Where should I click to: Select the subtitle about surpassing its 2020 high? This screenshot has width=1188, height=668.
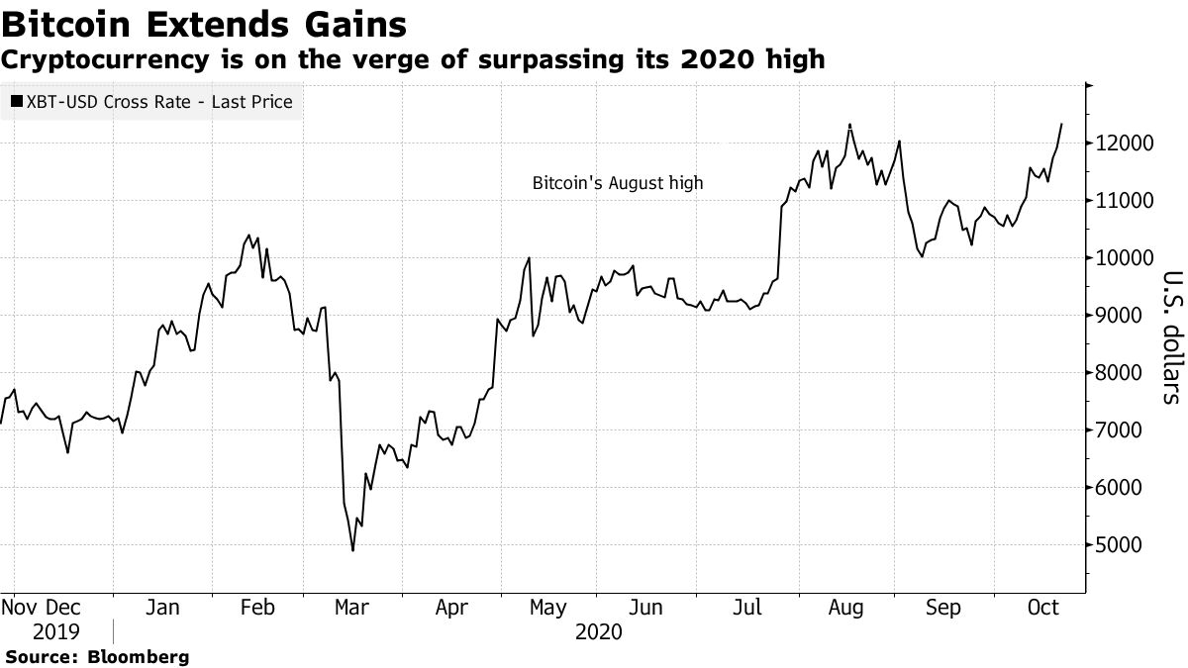point(414,59)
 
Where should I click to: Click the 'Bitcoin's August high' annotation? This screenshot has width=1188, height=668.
point(618,183)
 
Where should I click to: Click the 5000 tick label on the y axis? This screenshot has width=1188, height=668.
point(1125,545)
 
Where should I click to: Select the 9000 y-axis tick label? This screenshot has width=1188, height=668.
point(1125,316)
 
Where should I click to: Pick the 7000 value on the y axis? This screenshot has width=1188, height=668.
point(1125,430)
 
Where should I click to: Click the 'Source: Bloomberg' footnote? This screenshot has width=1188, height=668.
point(97,657)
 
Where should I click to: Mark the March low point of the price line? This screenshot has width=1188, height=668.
point(352,550)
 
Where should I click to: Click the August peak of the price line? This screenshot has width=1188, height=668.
point(849,125)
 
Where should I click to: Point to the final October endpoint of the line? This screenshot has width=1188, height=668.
point(1061,124)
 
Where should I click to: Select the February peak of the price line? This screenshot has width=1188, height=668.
point(247,236)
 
